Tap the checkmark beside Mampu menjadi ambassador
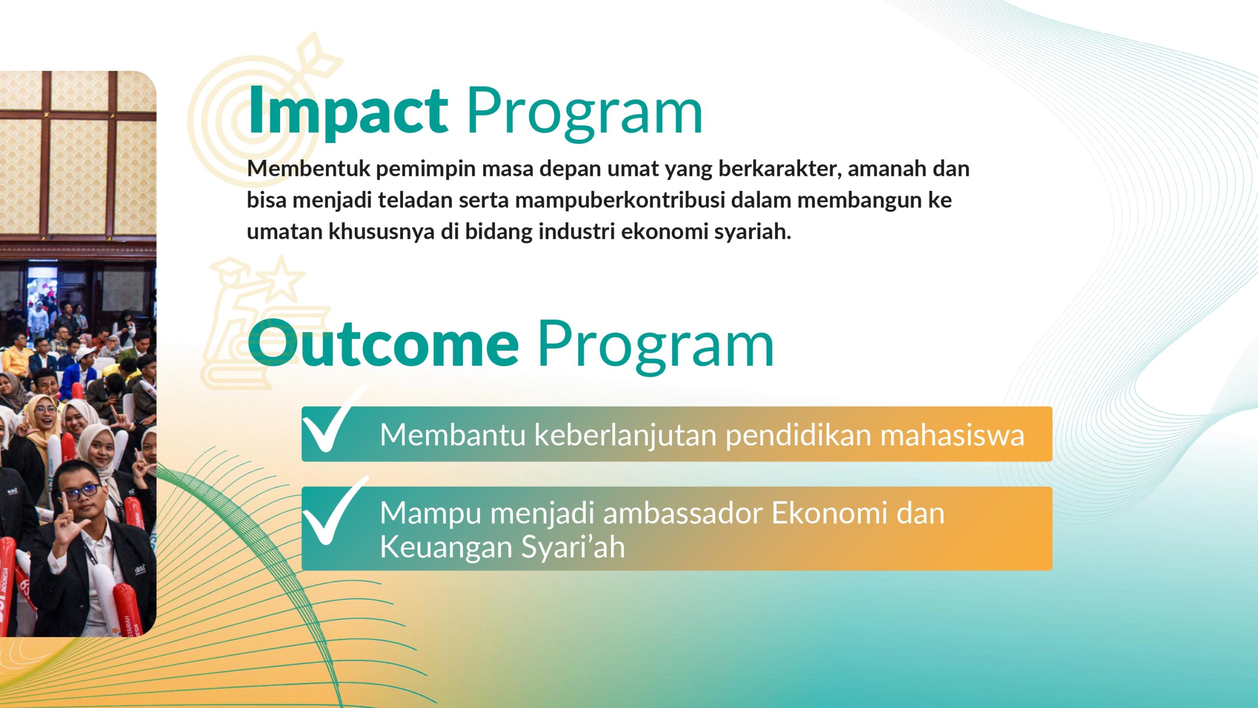click(332, 511)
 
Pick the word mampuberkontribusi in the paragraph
click(620, 201)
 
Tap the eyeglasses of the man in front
click(82, 492)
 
